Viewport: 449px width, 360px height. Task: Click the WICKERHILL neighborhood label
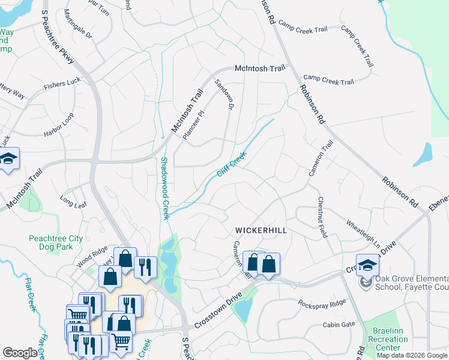[x=261, y=230]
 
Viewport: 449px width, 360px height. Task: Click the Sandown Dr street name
[x=223, y=95]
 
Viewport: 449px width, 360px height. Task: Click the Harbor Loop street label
[x=58, y=124]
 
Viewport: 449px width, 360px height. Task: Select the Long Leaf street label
[x=73, y=201]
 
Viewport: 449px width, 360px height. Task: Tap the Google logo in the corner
[x=20, y=353]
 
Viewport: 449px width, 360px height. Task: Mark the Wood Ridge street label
[x=92, y=256]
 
